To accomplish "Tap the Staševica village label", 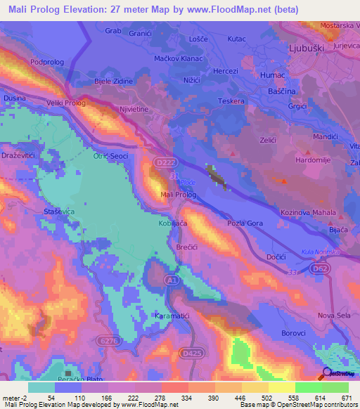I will pos(19,210).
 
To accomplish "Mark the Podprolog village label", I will pos(46,62).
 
